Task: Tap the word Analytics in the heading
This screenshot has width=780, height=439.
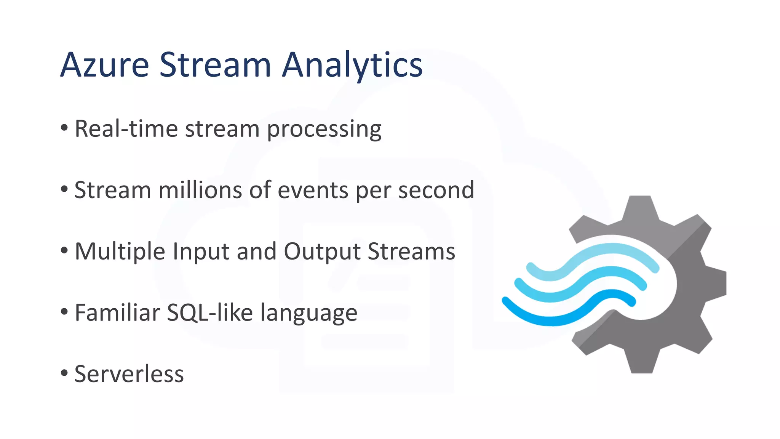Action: pyautogui.click(x=352, y=66)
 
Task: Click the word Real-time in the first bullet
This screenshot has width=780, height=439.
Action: pyautogui.click(x=126, y=129)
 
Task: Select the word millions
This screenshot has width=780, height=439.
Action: pyautogui.click(x=200, y=190)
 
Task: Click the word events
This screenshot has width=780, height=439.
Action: pyautogui.click(x=313, y=190)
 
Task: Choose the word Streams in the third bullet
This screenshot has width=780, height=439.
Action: pyautogui.click(x=411, y=252)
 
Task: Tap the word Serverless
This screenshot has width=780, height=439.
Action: pyautogui.click(x=129, y=374)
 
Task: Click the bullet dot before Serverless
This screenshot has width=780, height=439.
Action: pyautogui.click(x=64, y=372)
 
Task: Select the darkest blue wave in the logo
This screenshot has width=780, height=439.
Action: pyautogui.click(x=552, y=318)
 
